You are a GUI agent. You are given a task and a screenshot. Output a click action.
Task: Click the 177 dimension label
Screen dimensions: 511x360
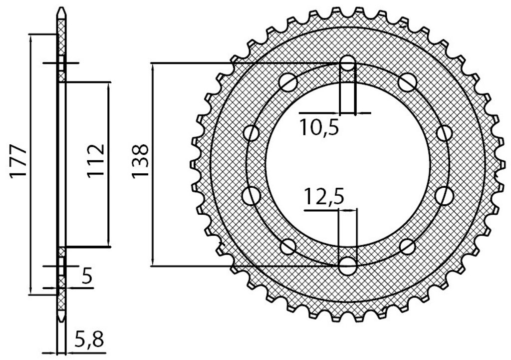point(18,162)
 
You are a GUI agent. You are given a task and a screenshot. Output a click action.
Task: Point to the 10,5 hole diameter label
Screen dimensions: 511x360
point(319,127)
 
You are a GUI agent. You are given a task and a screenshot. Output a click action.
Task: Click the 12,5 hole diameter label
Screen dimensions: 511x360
point(323,197)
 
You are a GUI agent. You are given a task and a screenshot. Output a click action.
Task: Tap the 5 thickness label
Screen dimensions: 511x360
point(87,277)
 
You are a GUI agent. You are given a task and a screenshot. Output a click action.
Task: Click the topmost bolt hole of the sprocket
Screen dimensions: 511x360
point(348,63)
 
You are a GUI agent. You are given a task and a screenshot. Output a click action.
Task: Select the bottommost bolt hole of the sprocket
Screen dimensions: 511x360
point(348,265)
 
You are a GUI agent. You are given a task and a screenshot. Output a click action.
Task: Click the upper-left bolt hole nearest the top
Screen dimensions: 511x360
point(288,82)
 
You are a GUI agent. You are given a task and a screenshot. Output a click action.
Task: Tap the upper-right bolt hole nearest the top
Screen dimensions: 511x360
point(407,82)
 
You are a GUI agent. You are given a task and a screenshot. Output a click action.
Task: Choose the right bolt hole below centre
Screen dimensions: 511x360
point(445,195)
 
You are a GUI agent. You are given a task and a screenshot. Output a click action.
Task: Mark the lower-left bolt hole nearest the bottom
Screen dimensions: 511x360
point(288,247)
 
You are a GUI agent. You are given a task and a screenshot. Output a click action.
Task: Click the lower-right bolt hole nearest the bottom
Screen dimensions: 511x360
point(407,247)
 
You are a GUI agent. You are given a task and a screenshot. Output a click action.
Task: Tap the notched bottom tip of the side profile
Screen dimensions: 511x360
point(61,318)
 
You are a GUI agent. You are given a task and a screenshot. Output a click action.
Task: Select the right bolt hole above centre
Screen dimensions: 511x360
point(445,133)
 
